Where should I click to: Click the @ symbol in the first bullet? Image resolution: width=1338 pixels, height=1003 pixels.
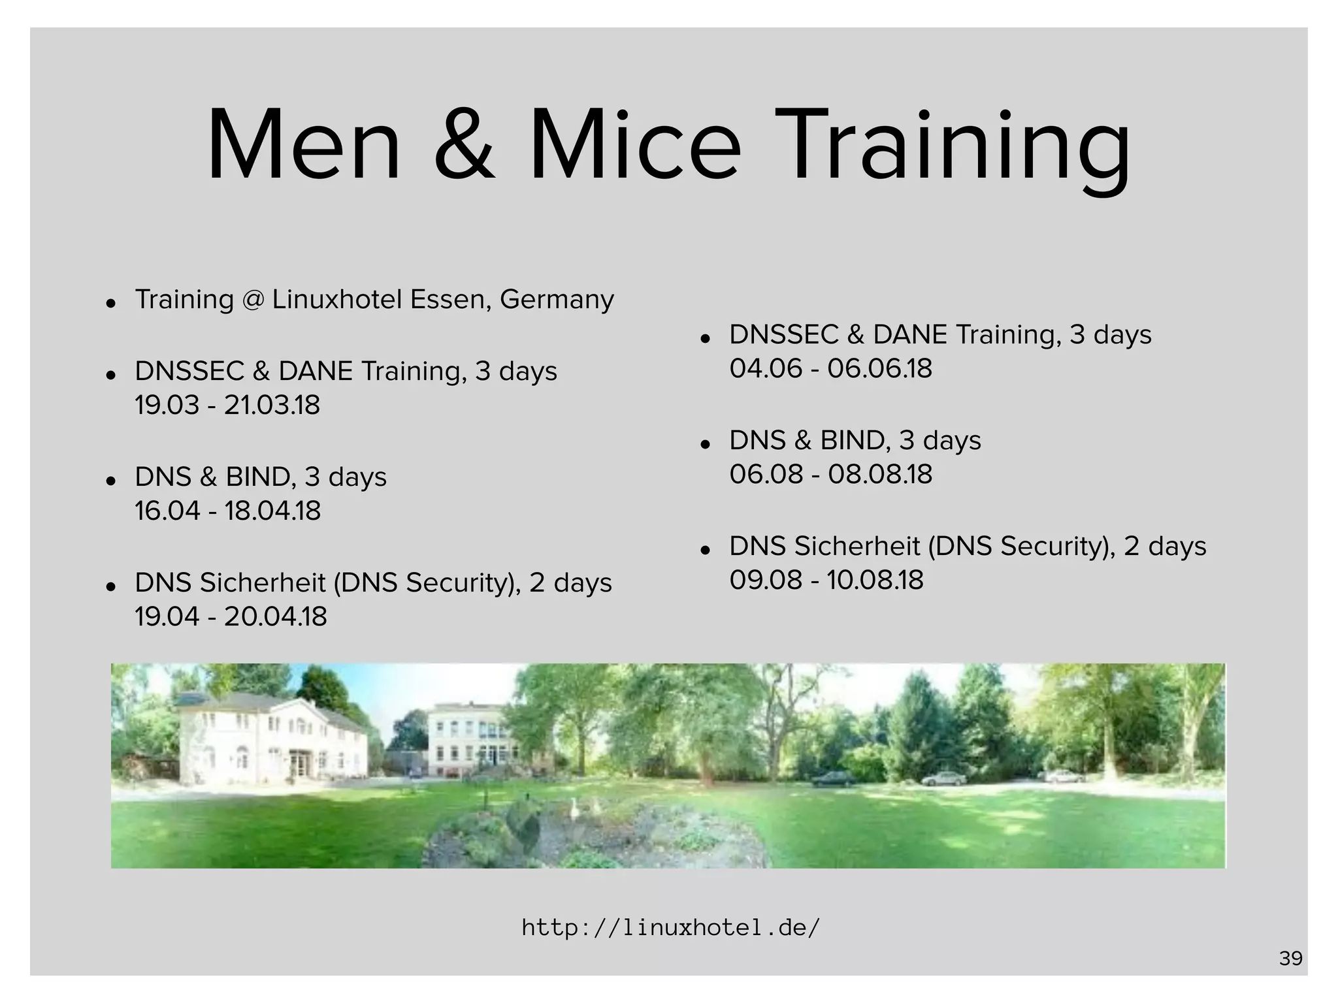[253, 300]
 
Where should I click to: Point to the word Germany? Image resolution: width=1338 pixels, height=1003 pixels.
[557, 300]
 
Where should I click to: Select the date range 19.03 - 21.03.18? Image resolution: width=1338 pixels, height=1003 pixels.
[227, 406]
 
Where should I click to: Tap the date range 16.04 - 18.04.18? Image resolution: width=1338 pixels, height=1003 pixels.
[227, 511]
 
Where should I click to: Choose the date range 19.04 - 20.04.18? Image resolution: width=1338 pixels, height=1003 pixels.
[231, 617]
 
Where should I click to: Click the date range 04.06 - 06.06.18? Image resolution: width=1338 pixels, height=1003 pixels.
[830, 369]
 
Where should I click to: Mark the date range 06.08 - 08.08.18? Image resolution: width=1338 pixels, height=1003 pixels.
[830, 475]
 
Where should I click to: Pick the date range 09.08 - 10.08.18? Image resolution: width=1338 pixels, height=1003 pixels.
[826, 581]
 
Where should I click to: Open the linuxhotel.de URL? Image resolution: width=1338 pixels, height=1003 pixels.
[670, 927]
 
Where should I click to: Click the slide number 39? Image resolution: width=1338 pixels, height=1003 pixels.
[1290, 959]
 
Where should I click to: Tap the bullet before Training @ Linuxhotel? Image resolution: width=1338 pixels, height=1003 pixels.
[111, 303]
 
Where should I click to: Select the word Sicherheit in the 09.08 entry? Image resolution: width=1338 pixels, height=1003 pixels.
[857, 547]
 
